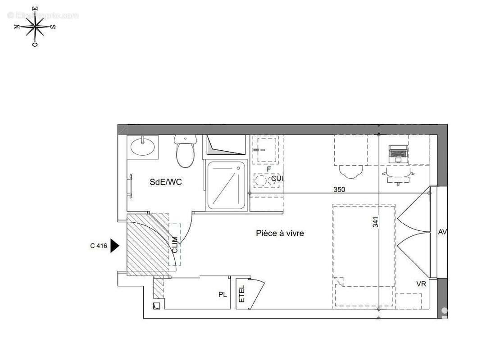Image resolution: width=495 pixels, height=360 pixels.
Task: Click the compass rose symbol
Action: tap(35, 27)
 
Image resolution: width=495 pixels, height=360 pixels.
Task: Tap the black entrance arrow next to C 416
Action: tap(114, 246)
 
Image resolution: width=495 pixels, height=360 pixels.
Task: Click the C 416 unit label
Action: tap(98, 246)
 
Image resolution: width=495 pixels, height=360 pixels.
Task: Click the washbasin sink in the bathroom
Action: tap(143, 146)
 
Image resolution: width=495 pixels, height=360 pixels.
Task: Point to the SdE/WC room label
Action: tap(165, 182)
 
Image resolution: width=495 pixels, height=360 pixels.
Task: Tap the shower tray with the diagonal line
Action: tap(227, 185)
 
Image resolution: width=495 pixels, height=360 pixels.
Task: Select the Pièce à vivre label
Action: tap(280, 233)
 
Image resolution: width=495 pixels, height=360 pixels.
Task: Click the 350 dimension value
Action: tap(339, 189)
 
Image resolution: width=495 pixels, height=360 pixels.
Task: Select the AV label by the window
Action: tap(442, 232)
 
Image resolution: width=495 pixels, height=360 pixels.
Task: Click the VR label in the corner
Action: tap(422, 284)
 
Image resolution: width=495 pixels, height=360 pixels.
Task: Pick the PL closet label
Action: tap(223, 295)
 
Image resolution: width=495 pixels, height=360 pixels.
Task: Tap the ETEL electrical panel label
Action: tap(241, 294)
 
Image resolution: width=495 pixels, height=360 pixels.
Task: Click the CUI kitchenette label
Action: tap(277, 179)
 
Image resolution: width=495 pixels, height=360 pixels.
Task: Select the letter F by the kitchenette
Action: tap(269, 169)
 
